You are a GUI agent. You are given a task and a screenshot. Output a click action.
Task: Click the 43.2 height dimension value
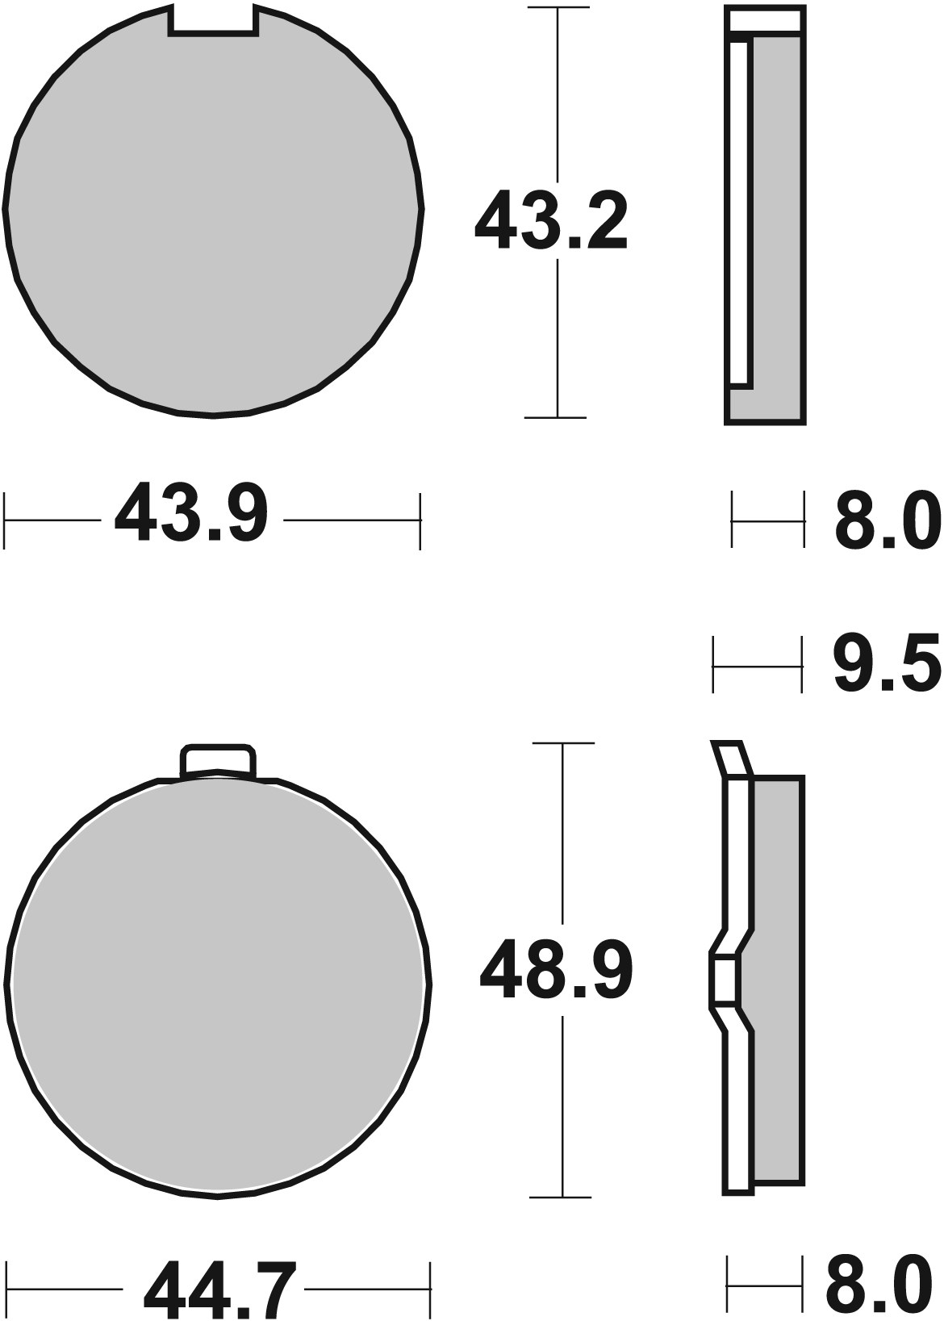point(550,220)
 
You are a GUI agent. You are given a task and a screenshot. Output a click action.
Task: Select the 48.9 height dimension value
point(556,969)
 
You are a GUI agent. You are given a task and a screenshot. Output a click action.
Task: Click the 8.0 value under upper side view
point(887,522)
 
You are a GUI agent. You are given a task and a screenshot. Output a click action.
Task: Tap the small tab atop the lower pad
point(218,761)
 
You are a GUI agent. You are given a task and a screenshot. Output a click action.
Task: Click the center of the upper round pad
point(213,214)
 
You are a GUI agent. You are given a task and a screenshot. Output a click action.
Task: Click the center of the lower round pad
point(218,984)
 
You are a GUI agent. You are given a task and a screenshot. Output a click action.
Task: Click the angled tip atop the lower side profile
point(731,759)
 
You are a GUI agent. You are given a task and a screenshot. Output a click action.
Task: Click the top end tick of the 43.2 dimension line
point(556,7)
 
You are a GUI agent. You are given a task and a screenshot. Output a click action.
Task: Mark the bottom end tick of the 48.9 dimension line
point(562,1197)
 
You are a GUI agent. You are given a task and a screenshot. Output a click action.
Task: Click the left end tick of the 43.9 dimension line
point(5,520)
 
